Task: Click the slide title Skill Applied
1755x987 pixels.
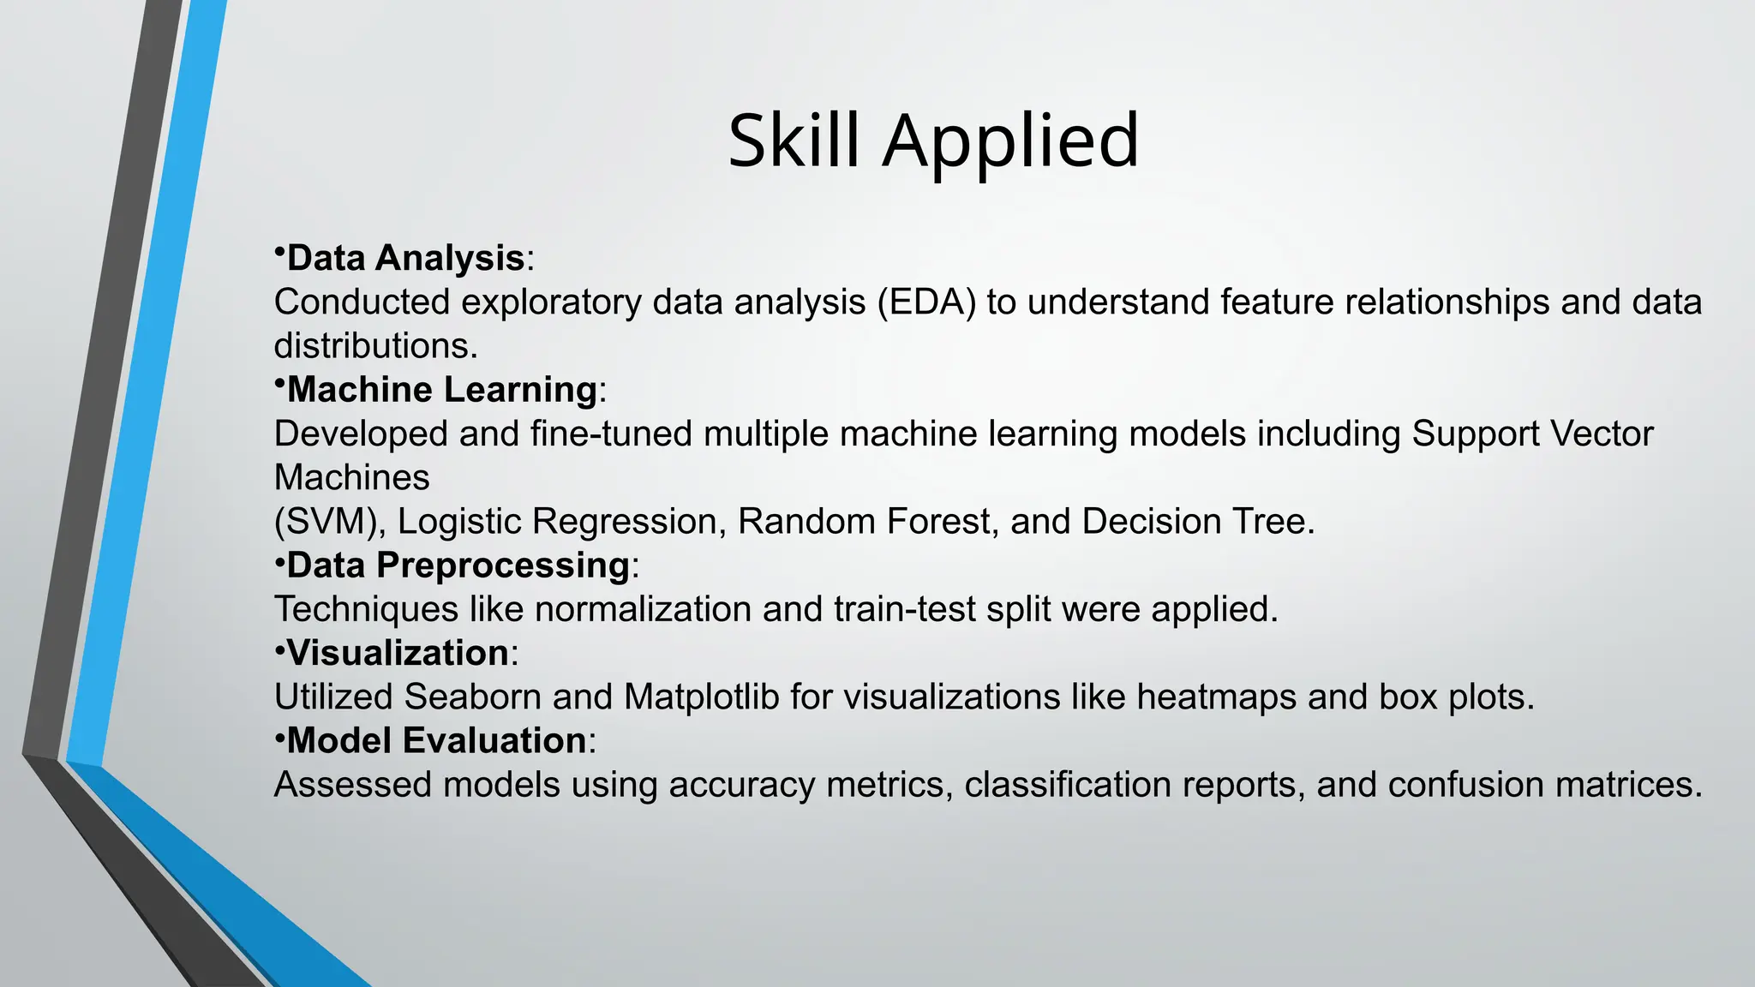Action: pos(933,141)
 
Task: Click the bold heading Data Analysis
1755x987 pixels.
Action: pos(405,258)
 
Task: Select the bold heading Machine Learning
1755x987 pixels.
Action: pos(441,390)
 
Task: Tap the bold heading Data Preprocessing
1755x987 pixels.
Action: pos(458,565)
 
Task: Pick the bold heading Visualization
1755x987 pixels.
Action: pos(398,653)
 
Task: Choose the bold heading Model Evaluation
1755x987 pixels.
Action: pos(436,741)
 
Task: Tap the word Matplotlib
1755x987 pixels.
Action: pos(701,697)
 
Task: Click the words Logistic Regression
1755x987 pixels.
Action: pos(557,522)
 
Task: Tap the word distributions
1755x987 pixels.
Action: pos(374,346)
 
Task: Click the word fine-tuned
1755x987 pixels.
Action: pos(611,434)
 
